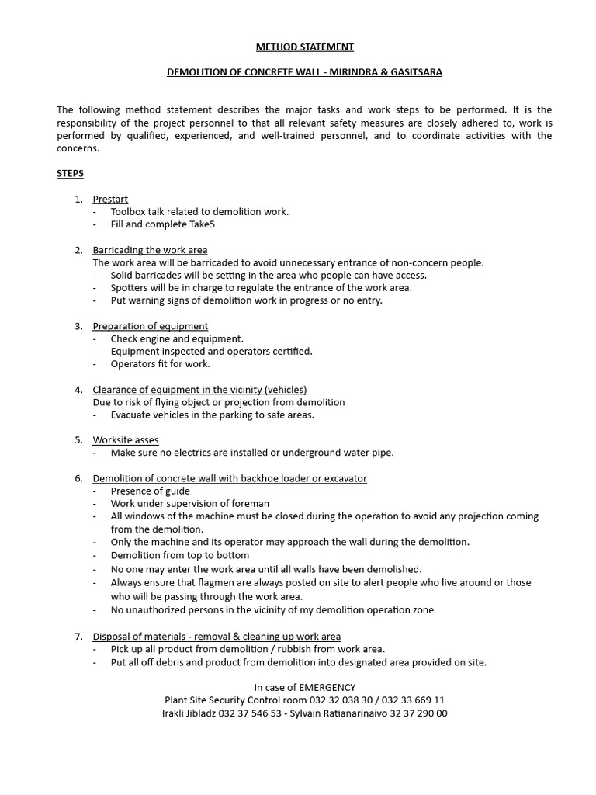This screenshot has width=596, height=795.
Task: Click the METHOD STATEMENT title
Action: [304, 47]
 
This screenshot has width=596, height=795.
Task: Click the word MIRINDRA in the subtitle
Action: [348, 72]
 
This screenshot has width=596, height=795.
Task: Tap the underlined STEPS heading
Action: [70, 173]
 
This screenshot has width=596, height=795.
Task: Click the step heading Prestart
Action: [110, 199]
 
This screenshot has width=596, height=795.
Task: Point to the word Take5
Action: [202, 224]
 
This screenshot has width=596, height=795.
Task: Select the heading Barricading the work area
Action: [150, 250]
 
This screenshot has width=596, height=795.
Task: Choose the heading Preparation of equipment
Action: [150, 326]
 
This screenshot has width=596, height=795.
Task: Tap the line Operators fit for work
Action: [160, 363]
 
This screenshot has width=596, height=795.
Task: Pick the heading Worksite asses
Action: [125, 439]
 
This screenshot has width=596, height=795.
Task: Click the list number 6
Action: [78, 478]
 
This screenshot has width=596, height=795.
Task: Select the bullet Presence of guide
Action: [150, 491]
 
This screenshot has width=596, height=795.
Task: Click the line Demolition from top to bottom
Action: [179, 555]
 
